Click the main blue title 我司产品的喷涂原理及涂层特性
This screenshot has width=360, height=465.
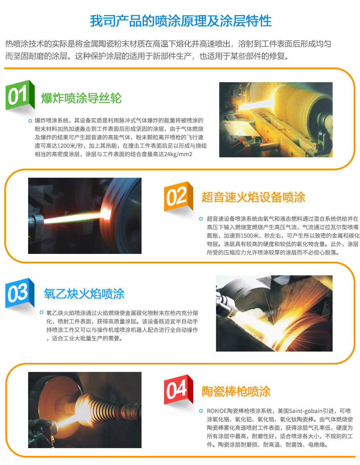[181, 21]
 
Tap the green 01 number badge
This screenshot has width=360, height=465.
[20, 95]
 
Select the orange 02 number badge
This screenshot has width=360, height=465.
[178, 196]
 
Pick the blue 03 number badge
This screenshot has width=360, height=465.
[20, 293]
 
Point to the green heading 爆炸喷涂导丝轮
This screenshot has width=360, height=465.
[81, 98]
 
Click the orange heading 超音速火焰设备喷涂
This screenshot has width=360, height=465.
[253, 197]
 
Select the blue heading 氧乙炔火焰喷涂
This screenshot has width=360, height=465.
[84, 294]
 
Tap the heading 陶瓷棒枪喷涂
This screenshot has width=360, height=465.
[236, 391]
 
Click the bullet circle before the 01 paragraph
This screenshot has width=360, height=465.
[30, 121]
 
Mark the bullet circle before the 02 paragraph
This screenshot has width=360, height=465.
[201, 219]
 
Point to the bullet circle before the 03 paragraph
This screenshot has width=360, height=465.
[41, 312]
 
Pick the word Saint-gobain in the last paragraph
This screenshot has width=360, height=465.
[306, 411]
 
